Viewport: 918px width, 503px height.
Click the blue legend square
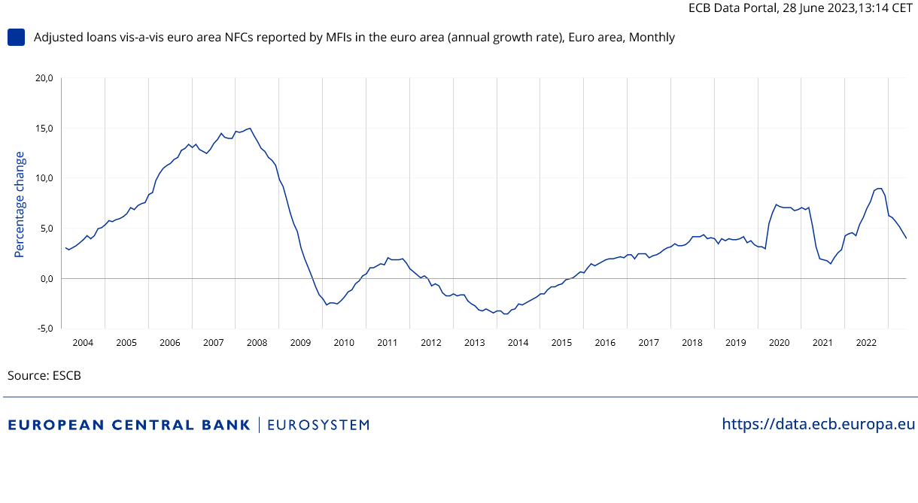coord(16,37)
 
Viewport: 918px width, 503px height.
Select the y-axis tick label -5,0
coord(44,329)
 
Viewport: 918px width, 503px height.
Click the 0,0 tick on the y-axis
coord(45,278)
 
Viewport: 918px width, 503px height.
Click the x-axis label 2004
coord(83,343)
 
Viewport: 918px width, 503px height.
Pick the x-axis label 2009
coord(300,343)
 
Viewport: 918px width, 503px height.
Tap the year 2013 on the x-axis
coord(474,343)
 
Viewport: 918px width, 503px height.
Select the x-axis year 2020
coord(779,343)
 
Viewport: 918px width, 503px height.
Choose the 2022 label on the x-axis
coord(866,343)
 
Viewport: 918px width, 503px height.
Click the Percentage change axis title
coord(20,204)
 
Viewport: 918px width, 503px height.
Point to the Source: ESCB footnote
coord(44,375)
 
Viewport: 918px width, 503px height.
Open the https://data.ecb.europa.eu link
coord(819,424)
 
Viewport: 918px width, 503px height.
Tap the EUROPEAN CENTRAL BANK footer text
coord(129,425)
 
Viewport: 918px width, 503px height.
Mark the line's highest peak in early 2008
coord(250,128)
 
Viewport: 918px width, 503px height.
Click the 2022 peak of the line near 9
coord(879,188)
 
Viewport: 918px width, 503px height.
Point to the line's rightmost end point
coord(907,238)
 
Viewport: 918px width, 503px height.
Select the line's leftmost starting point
coord(65,247)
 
